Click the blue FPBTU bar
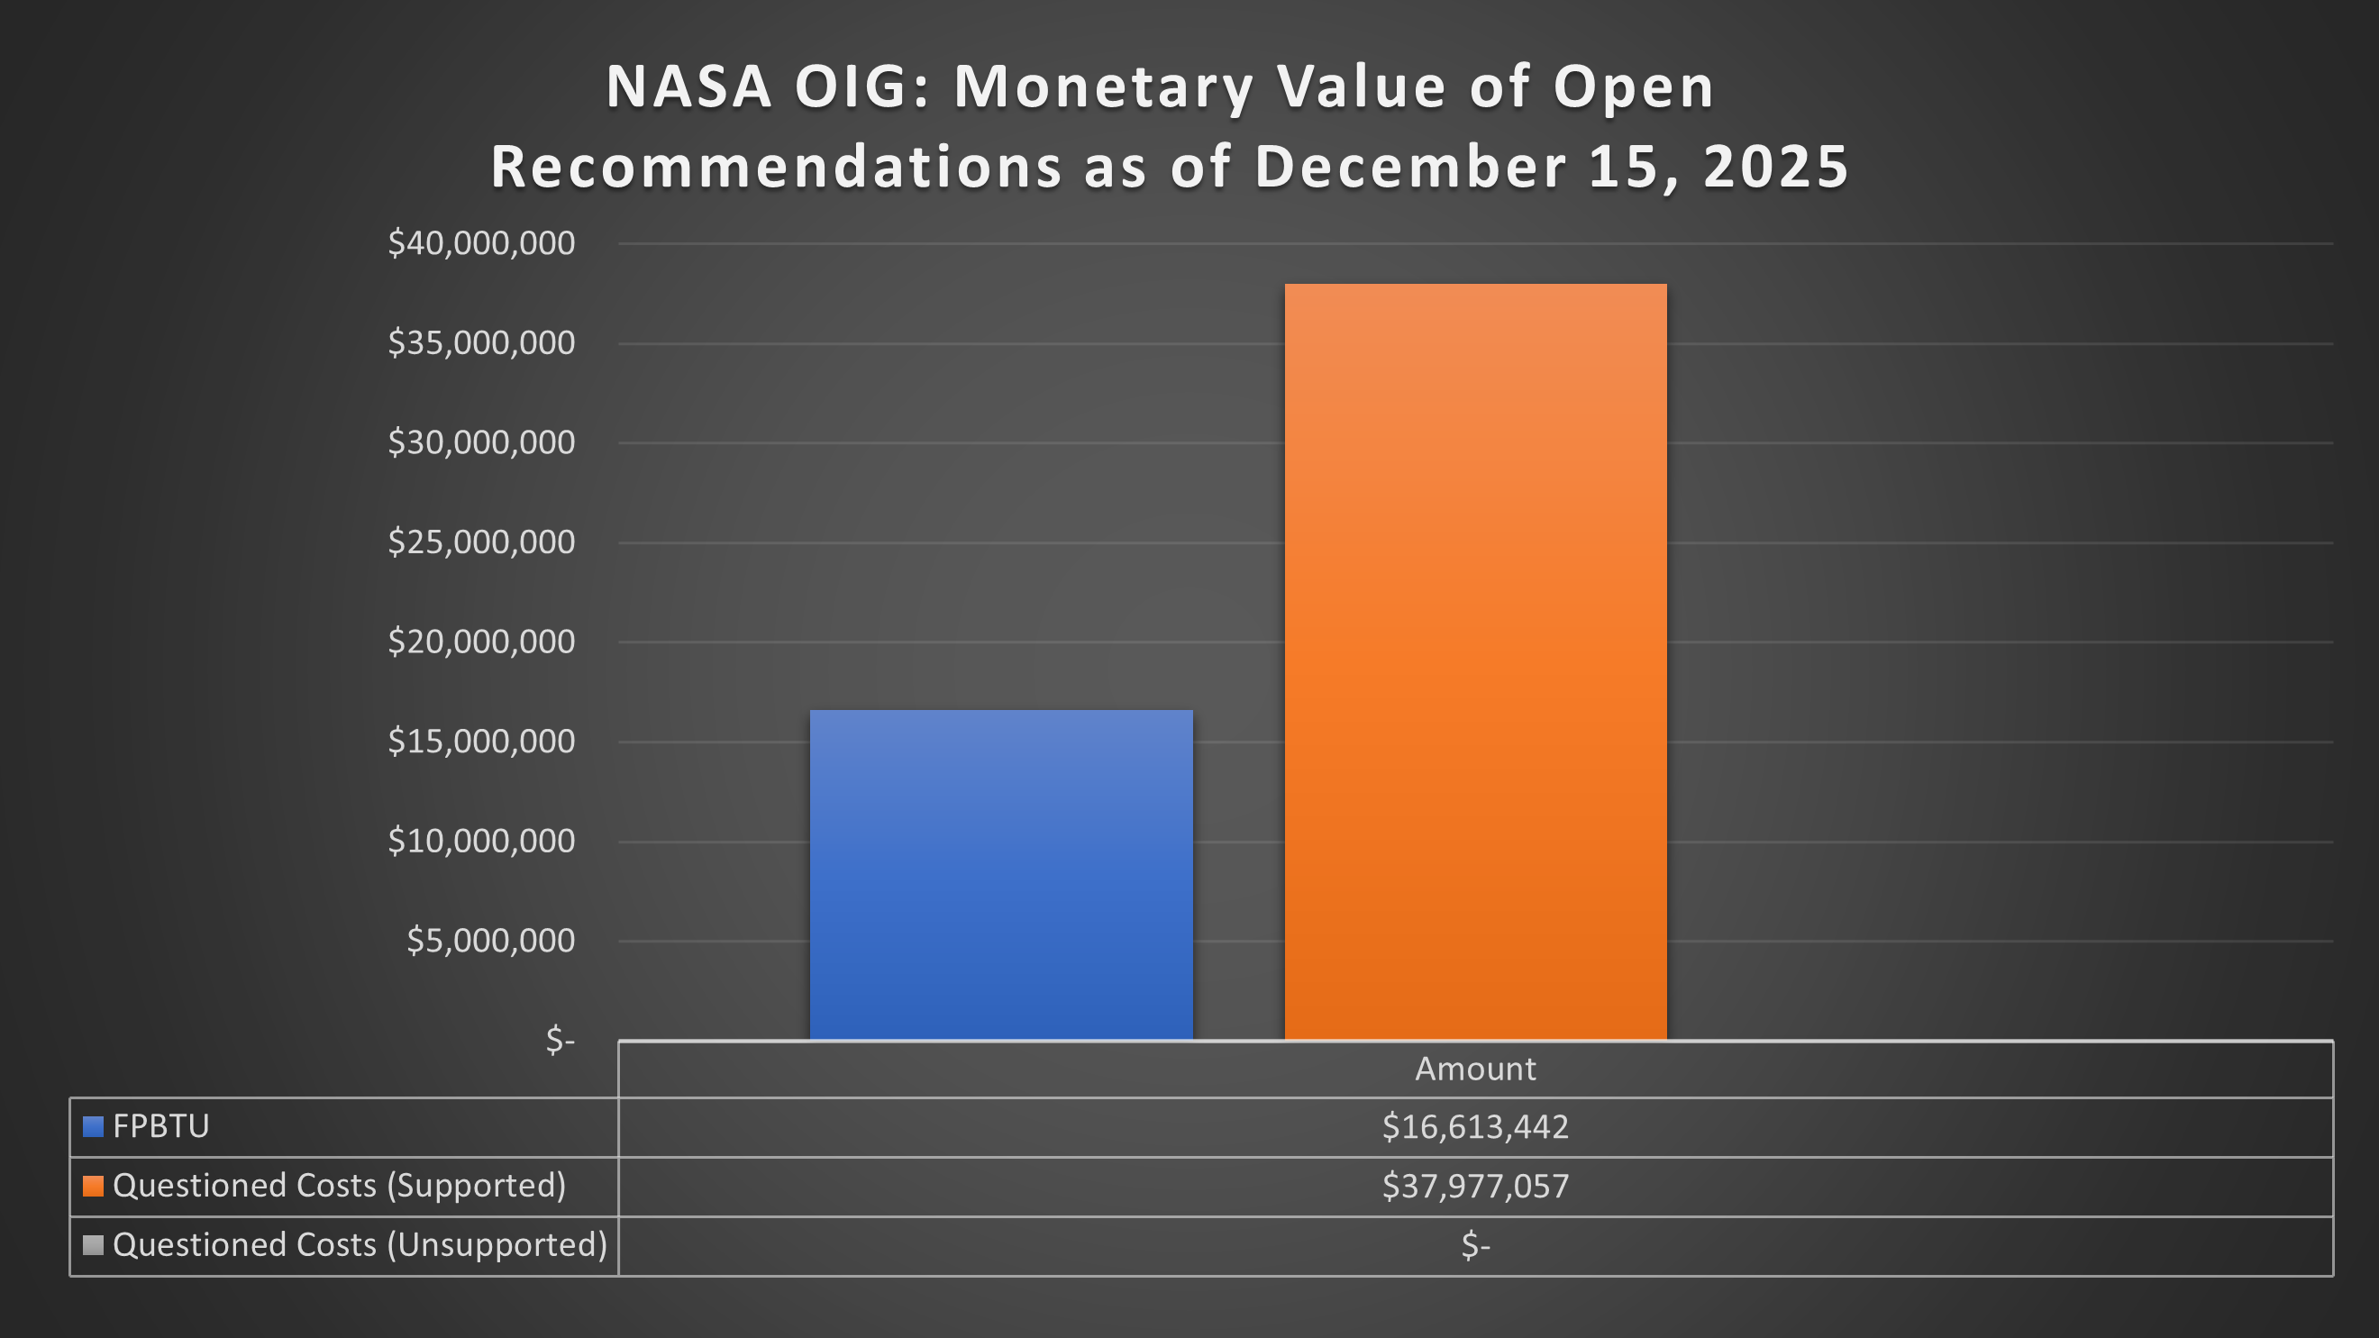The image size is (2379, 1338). (x=1001, y=875)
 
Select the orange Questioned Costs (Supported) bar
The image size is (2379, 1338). (x=1475, y=661)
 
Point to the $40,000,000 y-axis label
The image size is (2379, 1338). (x=481, y=243)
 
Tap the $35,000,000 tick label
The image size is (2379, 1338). (x=481, y=342)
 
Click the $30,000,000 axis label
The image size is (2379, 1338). (x=481, y=442)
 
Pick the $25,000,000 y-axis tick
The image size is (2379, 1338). (x=481, y=542)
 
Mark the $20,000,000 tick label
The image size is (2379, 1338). (x=481, y=641)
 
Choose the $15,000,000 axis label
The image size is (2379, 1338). (x=481, y=741)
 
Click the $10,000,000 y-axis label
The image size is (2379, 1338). (x=481, y=841)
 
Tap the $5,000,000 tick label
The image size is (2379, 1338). (x=490, y=940)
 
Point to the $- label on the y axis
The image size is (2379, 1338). (x=560, y=1040)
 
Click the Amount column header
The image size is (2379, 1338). (x=1475, y=1069)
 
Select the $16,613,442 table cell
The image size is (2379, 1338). (x=1475, y=1126)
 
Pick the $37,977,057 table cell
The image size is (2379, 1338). (x=1475, y=1186)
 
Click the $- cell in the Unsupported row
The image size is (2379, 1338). (x=1475, y=1244)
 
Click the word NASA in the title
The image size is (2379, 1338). (x=688, y=86)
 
